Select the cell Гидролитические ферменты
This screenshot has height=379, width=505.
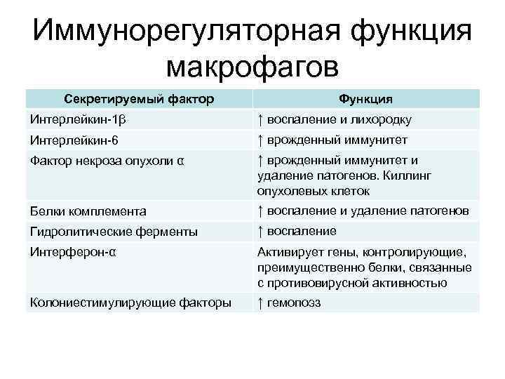(x=113, y=231)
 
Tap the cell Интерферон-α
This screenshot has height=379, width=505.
(x=73, y=251)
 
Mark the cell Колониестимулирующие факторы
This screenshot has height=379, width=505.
(x=130, y=302)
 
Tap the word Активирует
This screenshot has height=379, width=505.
(x=290, y=251)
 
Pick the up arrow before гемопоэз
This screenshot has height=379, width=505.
(x=260, y=302)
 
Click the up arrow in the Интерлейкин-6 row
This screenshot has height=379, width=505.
(x=260, y=140)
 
